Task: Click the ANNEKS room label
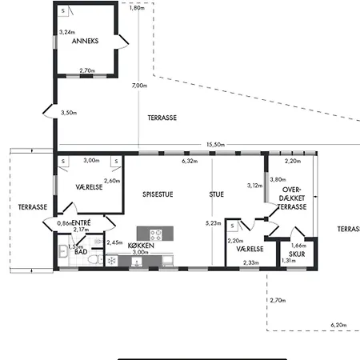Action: (85, 41)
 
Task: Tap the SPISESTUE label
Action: (158, 194)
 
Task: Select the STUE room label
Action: (217, 194)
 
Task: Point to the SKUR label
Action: (297, 254)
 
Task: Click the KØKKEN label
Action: (141, 246)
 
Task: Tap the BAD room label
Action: (81, 252)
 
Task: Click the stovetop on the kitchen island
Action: (155, 234)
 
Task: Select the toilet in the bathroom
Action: (95, 259)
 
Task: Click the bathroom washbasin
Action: (63, 251)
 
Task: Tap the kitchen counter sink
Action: (137, 262)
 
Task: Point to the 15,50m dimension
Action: (215, 145)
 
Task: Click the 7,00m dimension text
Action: (139, 86)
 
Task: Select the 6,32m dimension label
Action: (190, 161)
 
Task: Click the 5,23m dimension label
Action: (213, 223)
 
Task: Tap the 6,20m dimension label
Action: (338, 325)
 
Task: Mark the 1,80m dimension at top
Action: (137, 8)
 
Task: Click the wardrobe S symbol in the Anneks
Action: (63, 11)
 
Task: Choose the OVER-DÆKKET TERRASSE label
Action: (292, 198)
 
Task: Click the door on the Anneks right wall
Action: (122, 42)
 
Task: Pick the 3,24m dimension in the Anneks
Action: (67, 32)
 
